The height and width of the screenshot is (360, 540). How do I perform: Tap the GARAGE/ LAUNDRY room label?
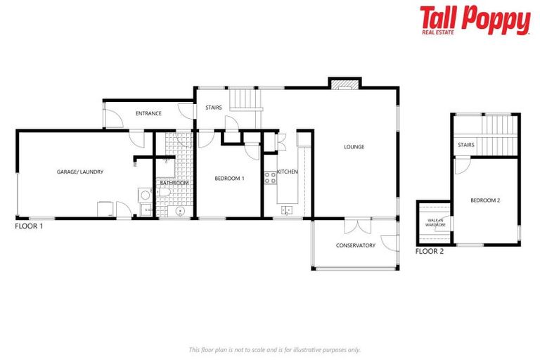(80, 172)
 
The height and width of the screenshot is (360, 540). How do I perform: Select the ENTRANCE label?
(148, 113)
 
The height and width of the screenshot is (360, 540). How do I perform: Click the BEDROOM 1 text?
(229, 179)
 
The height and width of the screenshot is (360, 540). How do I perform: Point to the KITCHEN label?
(288, 172)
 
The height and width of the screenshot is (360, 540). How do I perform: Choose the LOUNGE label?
(354, 147)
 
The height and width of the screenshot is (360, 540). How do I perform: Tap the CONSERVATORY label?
(356, 245)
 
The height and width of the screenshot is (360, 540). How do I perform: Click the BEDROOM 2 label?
(485, 200)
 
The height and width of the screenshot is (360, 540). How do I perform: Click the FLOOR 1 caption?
(30, 227)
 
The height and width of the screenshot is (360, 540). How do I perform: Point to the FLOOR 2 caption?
(430, 251)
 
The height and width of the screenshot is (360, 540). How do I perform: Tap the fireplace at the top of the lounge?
(345, 85)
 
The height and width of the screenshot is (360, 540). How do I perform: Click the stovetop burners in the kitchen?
(270, 178)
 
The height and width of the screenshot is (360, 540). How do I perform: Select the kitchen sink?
(287, 210)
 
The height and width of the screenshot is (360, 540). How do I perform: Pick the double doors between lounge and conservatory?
(357, 226)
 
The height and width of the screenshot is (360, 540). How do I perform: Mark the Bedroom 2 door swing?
(461, 167)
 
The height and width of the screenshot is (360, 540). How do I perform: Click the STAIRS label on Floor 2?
(466, 146)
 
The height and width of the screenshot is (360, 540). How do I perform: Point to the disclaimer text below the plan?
(274, 349)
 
